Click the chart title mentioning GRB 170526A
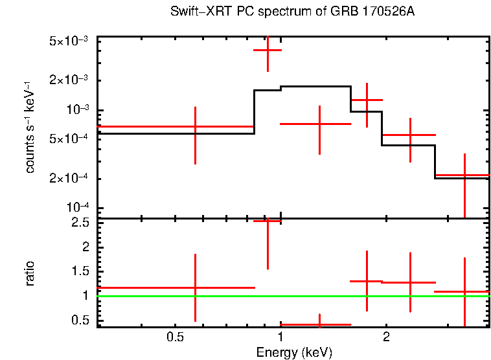click(x=291, y=12)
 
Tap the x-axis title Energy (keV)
click(x=294, y=352)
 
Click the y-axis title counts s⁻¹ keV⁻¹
click(x=30, y=126)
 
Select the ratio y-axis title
click(x=30, y=274)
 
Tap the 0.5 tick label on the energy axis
click(x=174, y=337)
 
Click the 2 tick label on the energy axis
click(x=386, y=337)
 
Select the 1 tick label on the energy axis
click(x=280, y=337)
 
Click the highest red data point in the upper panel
click(x=267, y=50)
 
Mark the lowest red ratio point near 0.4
click(x=319, y=324)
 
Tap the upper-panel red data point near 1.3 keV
click(x=319, y=123)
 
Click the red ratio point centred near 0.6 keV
click(x=195, y=287)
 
